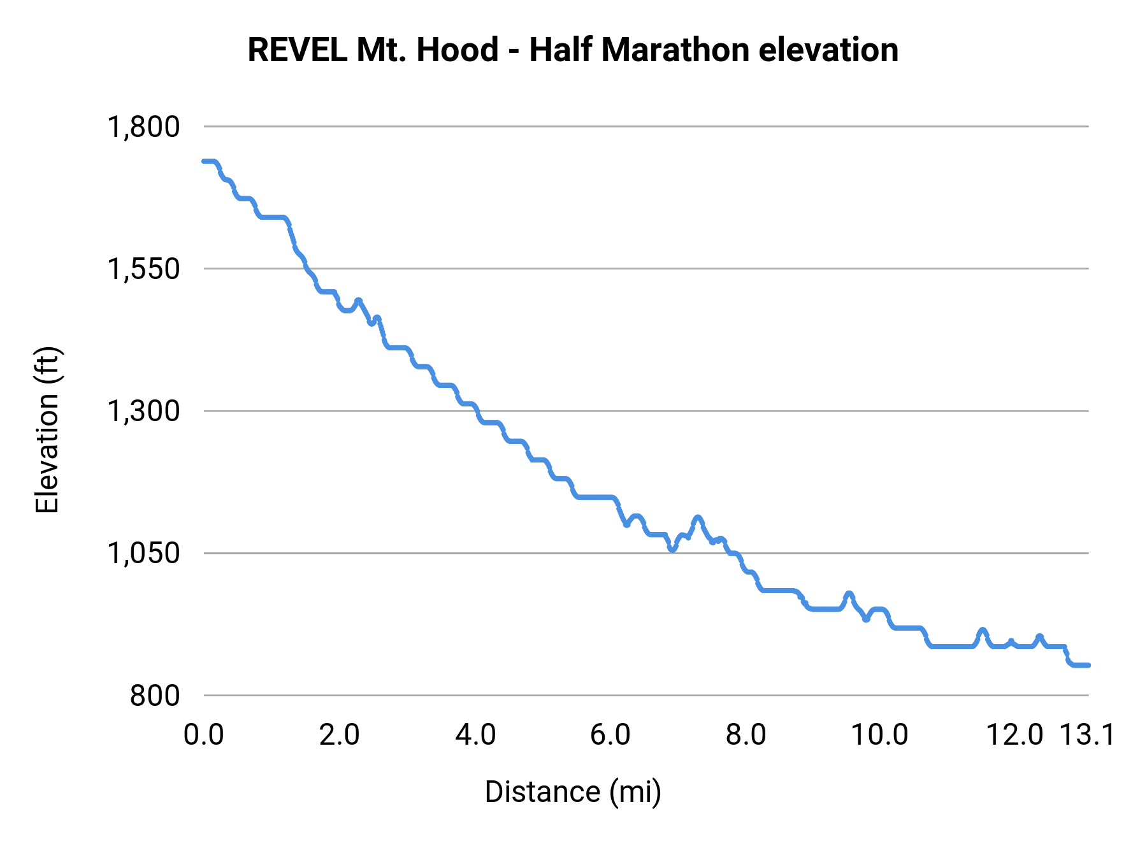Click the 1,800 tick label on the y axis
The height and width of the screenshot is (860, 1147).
pyautogui.click(x=143, y=127)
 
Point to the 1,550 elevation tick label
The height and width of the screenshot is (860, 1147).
pyautogui.click(x=143, y=269)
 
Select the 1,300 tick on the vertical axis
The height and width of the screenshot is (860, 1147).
pyautogui.click(x=143, y=411)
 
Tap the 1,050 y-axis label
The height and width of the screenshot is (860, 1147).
pyautogui.click(x=143, y=553)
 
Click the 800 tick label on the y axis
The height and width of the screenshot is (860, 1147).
pyautogui.click(x=155, y=695)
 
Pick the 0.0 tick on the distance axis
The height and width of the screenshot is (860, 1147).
pyautogui.click(x=204, y=735)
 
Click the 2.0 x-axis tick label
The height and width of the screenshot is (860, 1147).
pyautogui.click(x=339, y=735)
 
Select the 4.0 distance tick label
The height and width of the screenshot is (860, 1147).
pyautogui.click(x=475, y=735)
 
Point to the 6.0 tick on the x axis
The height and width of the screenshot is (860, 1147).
pyautogui.click(x=610, y=735)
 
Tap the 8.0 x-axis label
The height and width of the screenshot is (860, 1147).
pyautogui.click(x=746, y=735)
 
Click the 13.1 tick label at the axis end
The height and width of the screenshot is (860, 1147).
pyautogui.click(x=1087, y=735)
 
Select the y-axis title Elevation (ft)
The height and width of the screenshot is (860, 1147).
pyautogui.click(x=47, y=430)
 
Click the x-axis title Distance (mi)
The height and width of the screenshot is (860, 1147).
pyautogui.click(x=573, y=792)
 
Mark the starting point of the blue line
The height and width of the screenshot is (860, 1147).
pyautogui.click(x=204, y=161)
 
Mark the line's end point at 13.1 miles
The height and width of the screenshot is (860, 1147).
pyautogui.click(x=1089, y=665)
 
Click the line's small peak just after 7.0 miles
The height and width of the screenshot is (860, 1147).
pyautogui.click(x=698, y=517)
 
